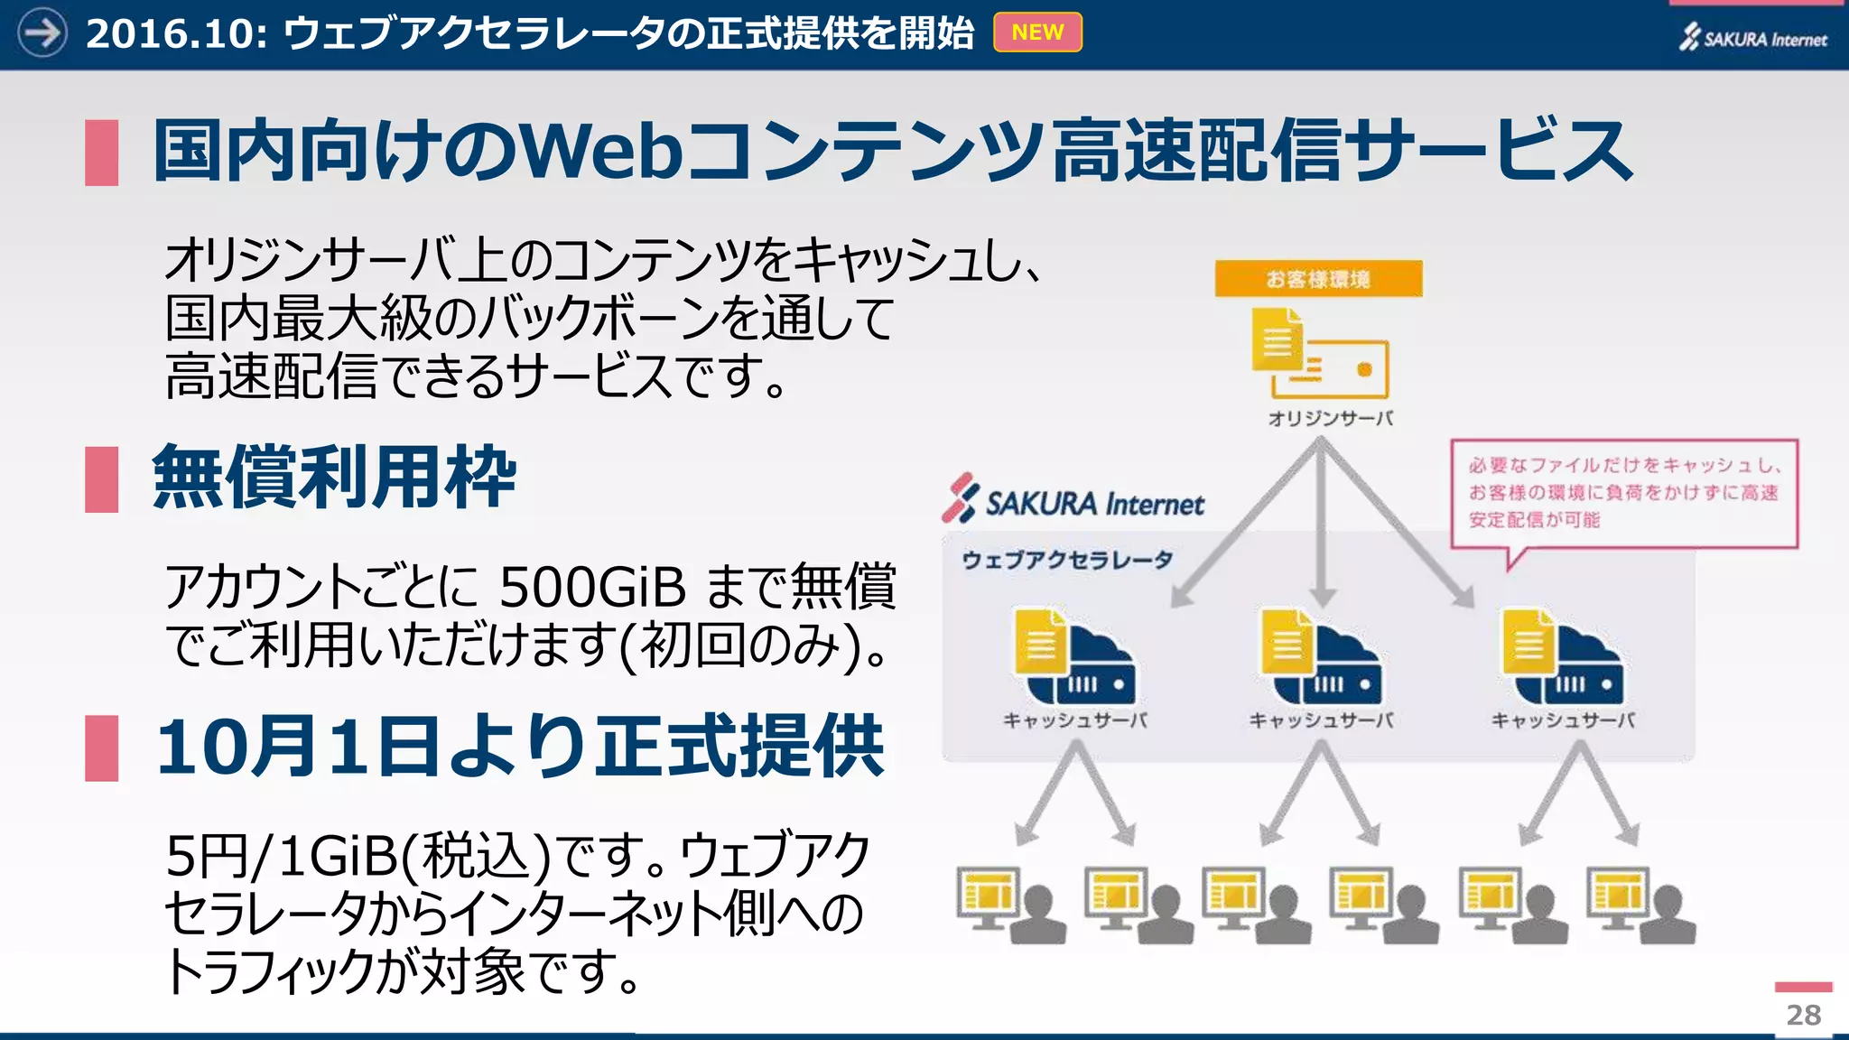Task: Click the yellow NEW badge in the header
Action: coord(1037,32)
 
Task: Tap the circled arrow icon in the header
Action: coord(42,32)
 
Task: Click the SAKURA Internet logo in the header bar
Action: coord(1752,38)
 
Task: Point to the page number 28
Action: coord(1803,1015)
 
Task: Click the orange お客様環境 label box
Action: coord(1318,279)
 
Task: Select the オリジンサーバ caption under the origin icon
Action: coord(1330,418)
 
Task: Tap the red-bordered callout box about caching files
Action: coord(1624,493)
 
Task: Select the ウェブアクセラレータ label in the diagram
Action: coord(1067,561)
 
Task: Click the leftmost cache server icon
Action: coord(1074,656)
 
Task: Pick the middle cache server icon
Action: coord(1321,656)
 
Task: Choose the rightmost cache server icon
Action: coord(1562,656)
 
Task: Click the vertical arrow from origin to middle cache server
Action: coord(1322,524)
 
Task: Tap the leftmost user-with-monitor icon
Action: coord(1010,905)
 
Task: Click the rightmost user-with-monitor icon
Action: coord(1640,905)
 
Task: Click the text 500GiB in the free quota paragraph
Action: coord(592,587)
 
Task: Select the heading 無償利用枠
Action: coord(334,478)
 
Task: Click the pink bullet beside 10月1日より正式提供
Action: coord(101,747)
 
